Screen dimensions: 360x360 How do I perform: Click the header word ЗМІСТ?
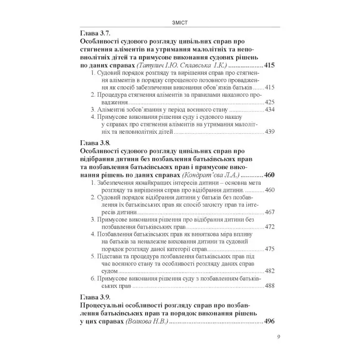coord(179,21)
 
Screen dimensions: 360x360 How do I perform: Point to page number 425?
coord(271,102)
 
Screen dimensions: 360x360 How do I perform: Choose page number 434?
coord(271,110)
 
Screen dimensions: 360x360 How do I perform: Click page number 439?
coord(271,132)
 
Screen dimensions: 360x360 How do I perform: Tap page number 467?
coord(271,212)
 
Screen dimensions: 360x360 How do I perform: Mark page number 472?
coord(271,227)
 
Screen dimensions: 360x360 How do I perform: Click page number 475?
coord(271,249)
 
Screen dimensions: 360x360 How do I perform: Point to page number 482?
coord(271,271)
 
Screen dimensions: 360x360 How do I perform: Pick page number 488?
coord(271,286)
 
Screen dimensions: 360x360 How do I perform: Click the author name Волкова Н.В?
coord(146,322)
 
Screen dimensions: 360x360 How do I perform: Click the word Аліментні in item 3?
coord(112,110)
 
